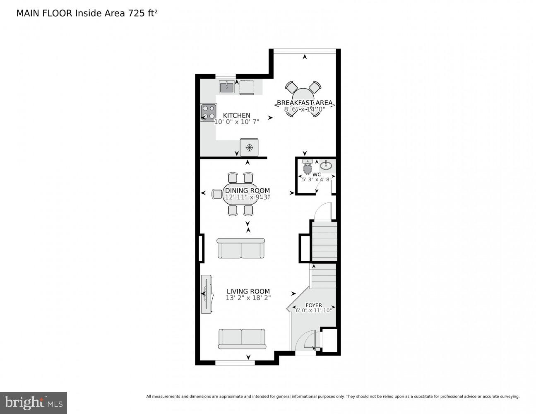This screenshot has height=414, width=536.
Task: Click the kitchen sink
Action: pos(226,87)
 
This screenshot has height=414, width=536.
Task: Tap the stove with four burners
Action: pos(208,112)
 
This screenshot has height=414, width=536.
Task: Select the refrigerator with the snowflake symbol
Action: pos(249,147)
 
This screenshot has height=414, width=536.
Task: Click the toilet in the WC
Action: pos(308,168)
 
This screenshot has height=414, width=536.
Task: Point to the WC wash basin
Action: pos(326,166)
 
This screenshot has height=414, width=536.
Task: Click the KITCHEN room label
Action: pos(237,116)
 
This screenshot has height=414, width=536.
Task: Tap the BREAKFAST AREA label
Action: pos(305,103)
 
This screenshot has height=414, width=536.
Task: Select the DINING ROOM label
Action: pos(247,191)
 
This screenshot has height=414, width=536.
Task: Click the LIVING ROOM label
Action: pos(248,291)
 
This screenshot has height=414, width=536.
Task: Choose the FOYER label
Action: pos(314,305)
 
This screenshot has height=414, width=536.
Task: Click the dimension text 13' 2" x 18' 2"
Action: pos(248,298)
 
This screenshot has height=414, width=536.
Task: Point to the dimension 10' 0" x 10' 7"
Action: pos(237,122)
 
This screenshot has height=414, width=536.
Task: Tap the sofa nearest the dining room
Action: pos(240,248)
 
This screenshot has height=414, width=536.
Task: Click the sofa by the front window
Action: pos(242,339)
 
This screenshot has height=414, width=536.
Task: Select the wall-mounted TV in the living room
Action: pos(207,294)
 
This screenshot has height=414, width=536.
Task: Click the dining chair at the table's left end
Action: pos(217,194)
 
